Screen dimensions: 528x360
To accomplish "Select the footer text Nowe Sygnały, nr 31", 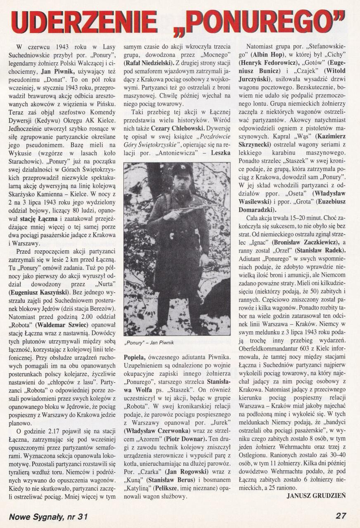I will click(x=48, y=516).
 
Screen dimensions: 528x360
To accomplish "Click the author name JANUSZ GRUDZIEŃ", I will click(x=316, y=495).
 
